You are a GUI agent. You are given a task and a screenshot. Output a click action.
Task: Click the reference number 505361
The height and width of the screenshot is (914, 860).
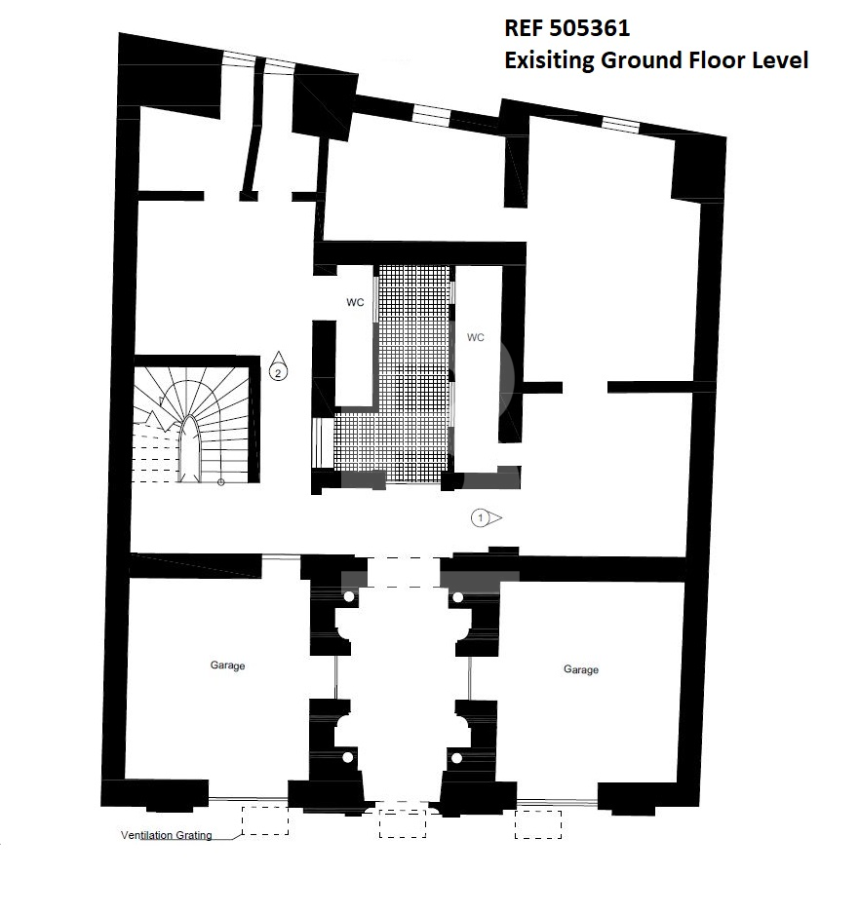click(588, 28)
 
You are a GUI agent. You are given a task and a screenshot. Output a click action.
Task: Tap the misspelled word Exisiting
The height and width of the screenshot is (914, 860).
click(548, 60)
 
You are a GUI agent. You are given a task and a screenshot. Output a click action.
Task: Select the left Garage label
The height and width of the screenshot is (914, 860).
click(227, 666)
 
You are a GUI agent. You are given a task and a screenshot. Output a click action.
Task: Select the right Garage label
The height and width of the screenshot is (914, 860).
click(581, 669)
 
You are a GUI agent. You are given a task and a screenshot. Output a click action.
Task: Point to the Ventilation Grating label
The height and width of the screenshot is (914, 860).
click(167, 835)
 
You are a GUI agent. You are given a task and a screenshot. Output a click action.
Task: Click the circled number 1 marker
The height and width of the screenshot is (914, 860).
click(487, 517)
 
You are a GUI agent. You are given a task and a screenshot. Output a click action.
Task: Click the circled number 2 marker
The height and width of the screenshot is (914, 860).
click(278, 366)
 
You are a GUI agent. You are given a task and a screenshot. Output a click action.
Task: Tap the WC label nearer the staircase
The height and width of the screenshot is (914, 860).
click(355, 302)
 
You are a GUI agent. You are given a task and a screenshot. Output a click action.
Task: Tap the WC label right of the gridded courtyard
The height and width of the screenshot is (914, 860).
click(476, 337)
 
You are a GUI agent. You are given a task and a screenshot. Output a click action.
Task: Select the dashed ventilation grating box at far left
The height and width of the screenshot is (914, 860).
click(265, 820)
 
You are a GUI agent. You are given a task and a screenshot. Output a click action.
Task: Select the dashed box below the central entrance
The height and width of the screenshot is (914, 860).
click(403, 823)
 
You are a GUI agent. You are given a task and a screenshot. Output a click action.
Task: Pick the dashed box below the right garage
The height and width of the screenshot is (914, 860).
click(538, 824)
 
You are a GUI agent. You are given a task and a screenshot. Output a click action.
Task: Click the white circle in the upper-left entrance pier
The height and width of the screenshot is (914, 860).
click(349, 597)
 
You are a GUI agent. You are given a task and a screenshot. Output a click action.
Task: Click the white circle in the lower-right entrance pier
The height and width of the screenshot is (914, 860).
click(457, 758)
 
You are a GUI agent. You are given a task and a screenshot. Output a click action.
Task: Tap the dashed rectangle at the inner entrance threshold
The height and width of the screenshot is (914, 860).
click(403, 572)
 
